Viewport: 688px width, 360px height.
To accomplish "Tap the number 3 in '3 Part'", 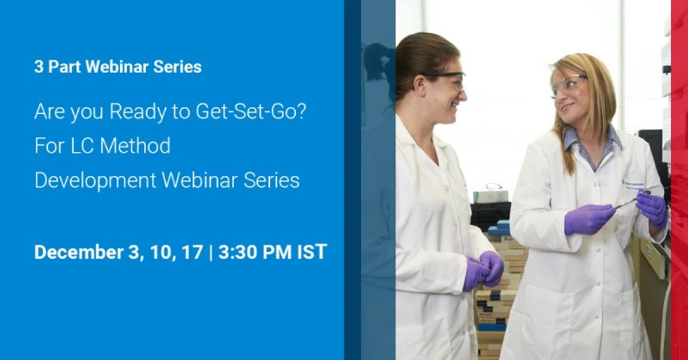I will tap(38, 67).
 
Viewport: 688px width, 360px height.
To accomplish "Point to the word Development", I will tap(96, 181).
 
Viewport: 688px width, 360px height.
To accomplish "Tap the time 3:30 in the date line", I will tap(240, 252).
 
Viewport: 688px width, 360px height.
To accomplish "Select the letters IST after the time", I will tap(311, 252).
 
